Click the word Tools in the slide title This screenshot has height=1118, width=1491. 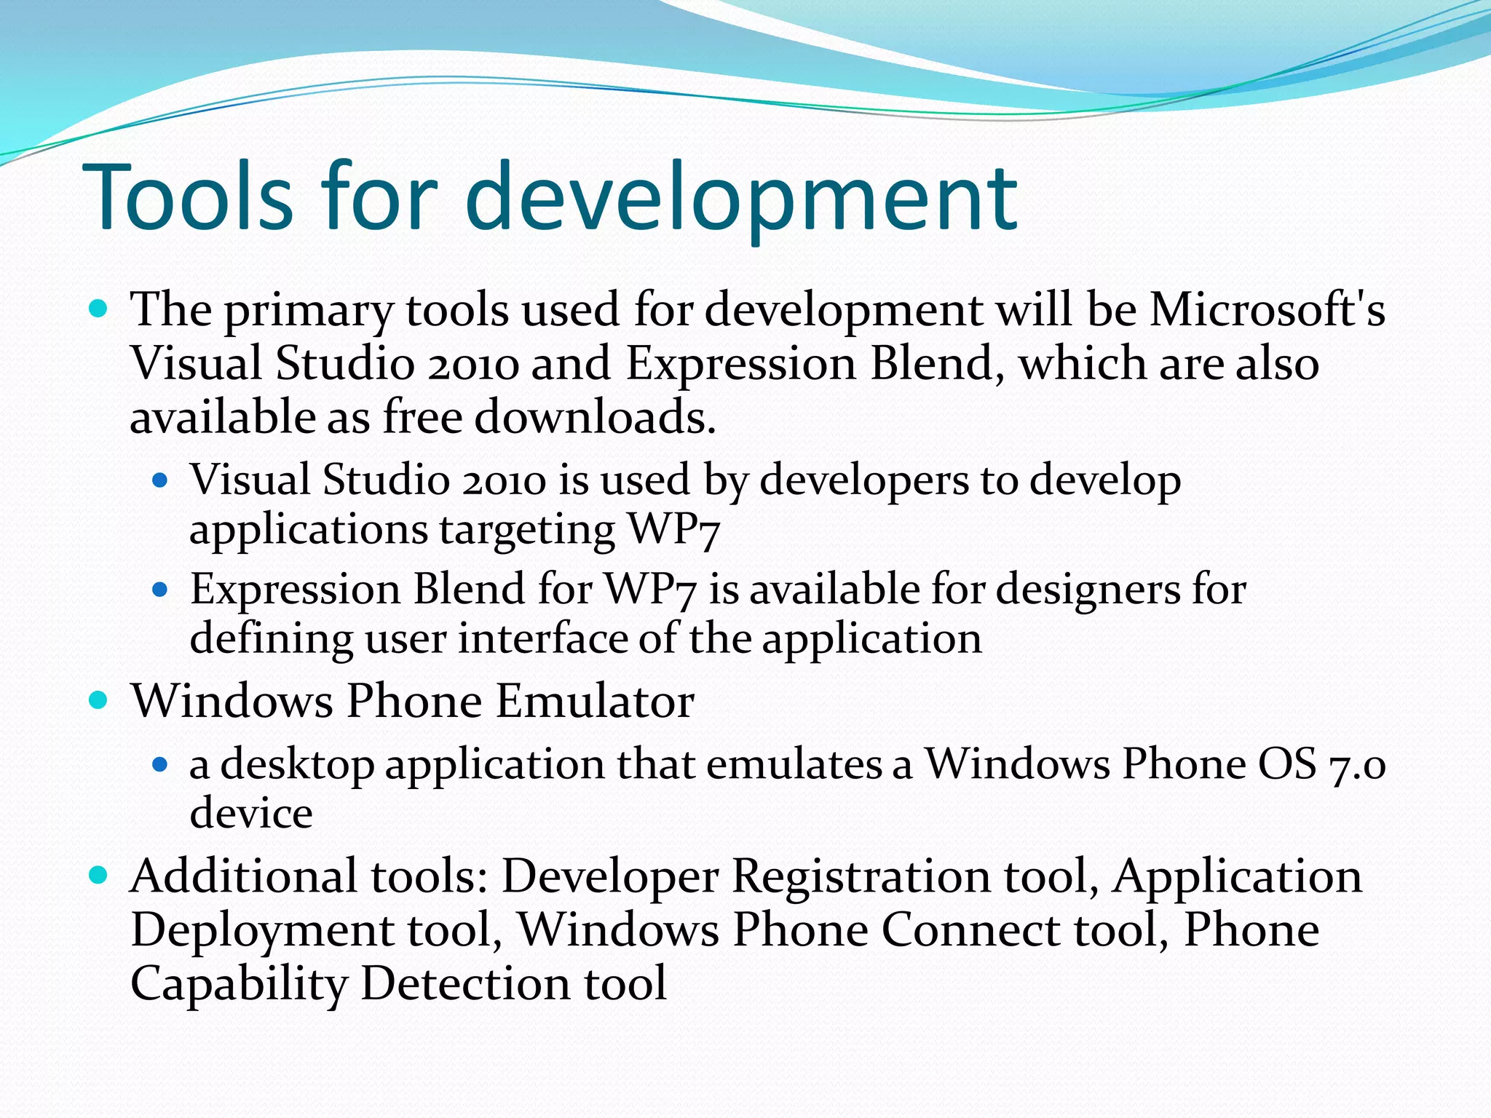point(189,198)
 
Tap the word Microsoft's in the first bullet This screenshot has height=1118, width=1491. point(1267,309)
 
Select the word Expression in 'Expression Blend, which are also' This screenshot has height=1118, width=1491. point(740,364)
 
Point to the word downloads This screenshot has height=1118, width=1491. point(595,418)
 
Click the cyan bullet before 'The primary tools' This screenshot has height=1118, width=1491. point(98,309)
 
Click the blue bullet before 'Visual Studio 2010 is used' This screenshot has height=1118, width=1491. point(160,480)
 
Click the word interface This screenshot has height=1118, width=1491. point(542,639)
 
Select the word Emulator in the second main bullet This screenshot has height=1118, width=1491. point(595,702)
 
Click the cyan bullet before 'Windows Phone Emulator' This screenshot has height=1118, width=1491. point(98,700)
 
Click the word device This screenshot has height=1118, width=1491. point(251,814)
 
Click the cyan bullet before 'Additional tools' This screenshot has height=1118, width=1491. point(98,874)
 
